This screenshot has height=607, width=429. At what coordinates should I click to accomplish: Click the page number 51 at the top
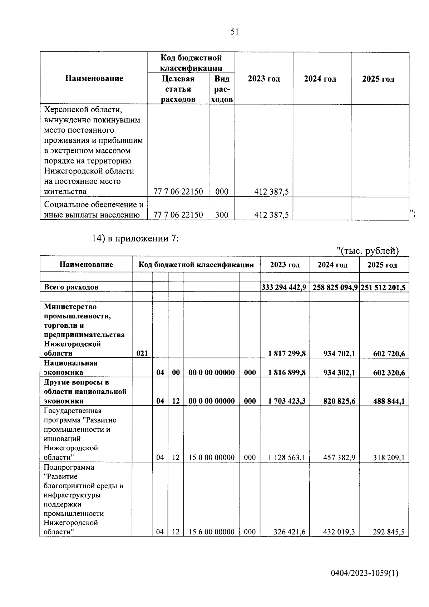tap(235, 32)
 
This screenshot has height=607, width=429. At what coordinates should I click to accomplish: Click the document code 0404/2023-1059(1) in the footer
tap(364, 573)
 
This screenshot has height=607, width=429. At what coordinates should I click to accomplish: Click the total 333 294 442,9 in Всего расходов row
tap(284, 287)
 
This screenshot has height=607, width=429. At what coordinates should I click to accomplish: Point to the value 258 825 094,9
tap(335, 287)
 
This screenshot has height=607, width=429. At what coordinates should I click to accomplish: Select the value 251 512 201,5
tap(384, 287)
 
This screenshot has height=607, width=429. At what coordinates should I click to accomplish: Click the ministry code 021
tap(142, 353)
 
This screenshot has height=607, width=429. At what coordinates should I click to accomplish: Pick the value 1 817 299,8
tap(287, 353)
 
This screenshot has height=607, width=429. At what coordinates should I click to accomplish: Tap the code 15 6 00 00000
tap(212, 532)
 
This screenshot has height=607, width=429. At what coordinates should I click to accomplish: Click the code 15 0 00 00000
tap(212, 457)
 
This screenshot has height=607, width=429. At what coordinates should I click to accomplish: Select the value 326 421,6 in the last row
tap(289, 532)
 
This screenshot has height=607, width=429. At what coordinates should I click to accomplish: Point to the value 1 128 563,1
tap(287, 457)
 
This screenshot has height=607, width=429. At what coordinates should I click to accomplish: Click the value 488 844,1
tap(389, 401)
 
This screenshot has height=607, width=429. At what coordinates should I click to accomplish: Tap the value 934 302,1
tap(339, 372)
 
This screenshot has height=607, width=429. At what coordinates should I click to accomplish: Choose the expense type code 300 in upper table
tap(222, 215)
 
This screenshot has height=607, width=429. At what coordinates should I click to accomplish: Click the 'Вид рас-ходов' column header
tap(222, 89)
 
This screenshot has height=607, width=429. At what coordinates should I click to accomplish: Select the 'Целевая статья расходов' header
tap(178, 89)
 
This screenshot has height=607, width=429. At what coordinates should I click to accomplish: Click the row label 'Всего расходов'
tap(71, 287)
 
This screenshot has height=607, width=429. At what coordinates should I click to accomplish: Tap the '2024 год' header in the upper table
tap(320, 79)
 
